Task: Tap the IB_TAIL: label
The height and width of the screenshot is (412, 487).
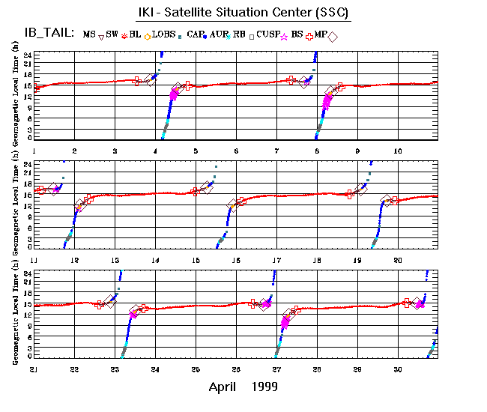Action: (46, 33)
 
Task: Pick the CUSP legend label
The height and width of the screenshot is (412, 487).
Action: (267, 34)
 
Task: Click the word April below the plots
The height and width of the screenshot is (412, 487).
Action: (226, 387)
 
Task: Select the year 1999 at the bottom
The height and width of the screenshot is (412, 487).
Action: (265, 387)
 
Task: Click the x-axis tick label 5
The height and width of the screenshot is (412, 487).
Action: (196, 151)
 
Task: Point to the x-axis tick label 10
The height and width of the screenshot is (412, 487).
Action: (399, 151)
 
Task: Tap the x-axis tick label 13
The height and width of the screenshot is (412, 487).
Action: (115, 260)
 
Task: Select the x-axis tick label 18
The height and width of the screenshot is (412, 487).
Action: (317, 260)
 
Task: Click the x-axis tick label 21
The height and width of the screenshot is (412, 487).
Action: (34, 369)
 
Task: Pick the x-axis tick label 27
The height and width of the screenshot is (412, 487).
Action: (276, 369)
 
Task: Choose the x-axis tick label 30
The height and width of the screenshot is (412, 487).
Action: (398, 369)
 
